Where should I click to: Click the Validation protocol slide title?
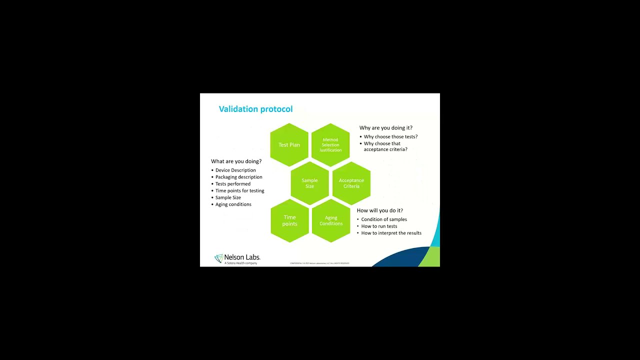point(255,109)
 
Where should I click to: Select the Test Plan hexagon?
point(289,145)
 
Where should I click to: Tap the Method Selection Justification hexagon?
point(330,145)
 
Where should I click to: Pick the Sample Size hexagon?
point(309,183)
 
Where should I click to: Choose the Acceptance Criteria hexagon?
point(351,183)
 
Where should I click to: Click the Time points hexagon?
point(289,220)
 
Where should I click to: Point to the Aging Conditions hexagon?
point(331,220)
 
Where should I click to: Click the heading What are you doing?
point(236,161)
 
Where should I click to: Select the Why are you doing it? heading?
point(385,128)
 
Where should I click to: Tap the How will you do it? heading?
point(379,210)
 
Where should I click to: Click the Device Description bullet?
point(235,170)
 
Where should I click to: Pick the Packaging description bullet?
point(238,177)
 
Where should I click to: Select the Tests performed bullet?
point(233,184)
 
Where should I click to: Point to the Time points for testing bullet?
point(239,190)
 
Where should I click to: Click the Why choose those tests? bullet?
point(390,137)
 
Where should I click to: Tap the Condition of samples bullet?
point(384,219)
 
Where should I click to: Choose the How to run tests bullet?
point(379,226)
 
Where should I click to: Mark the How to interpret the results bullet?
point(391,233)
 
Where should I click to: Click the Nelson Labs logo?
point(237,258)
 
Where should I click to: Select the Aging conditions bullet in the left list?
point(233,204)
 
